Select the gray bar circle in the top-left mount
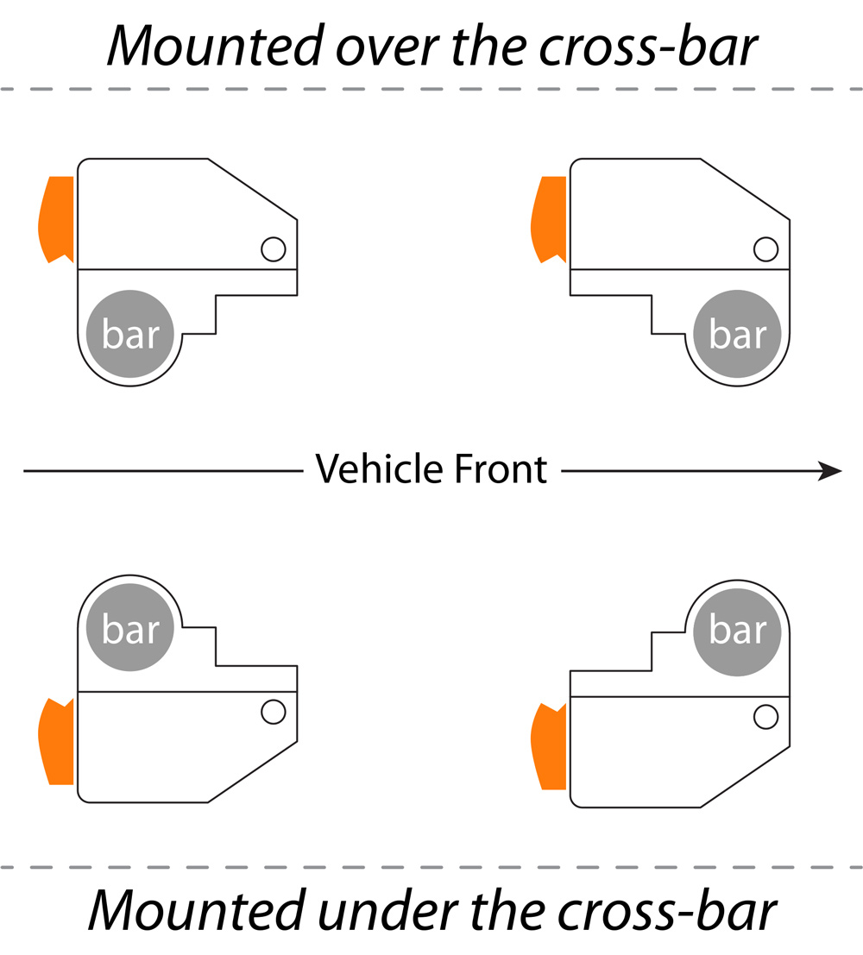pyautogui.click(x=130, y=334)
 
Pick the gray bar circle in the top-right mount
pyautogui.click(x=737, y=334)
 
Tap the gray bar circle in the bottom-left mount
pyautogui.click(x=130, y=629)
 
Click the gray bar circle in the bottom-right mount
pyautogui.click(x=737, y=629)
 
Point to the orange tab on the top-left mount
pyautogui.click(x=56, y=218)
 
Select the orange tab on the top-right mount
pyautogui.click(x=548, y=218)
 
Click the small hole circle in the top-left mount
pyautogui.click(x=273, y=249)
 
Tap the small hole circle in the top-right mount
pyautogui.click(x=765, y=249)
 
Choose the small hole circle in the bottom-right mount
pyautogui.click(x=765, y=716)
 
